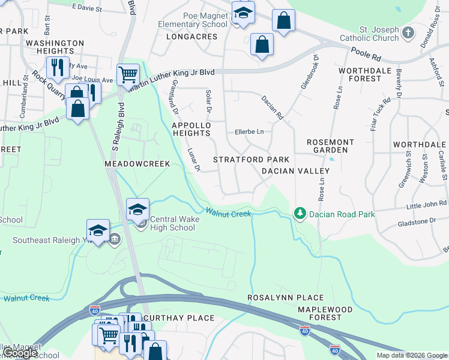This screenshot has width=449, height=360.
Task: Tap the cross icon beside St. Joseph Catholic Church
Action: pos(408,33)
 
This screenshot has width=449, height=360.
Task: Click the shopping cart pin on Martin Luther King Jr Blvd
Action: pos(128,74)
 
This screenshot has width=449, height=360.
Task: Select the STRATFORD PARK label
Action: pos(252,160)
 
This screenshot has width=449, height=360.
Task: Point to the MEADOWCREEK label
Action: pos(137,164)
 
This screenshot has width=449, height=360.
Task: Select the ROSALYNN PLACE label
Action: pos(286,298)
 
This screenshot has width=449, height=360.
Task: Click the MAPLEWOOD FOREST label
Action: pos(320,313)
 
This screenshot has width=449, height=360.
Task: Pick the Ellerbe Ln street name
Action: pos(249,131)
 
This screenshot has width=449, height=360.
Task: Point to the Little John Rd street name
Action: pos(427,206)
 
